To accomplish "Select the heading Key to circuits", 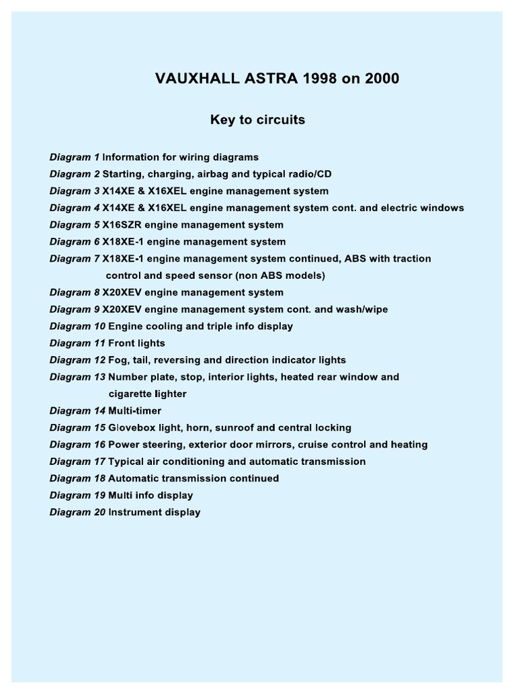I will pyautogui.click(x=258, y=120).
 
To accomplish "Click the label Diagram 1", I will pyautogui.click(x=75, y=157).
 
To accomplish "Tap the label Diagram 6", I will pyautogui.click(x=75, y=242).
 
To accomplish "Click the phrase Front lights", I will pyautogui.click(x=136, y=343).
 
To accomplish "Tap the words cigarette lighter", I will pyautogui.click(x=147, y=394).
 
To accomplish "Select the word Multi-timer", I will pyautogui.click(x=134, y=411).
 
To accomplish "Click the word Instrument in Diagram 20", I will pyautogui.click(x=134, y=512).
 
